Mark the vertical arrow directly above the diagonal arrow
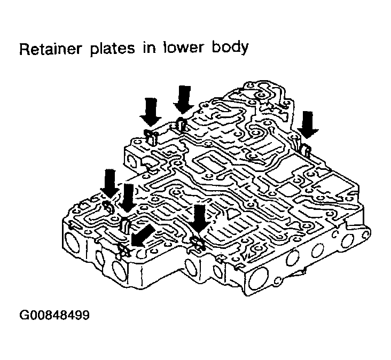[x=128, y=197]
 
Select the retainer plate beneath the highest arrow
[x=181, y=124]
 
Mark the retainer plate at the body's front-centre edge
[x=198, y=244]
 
